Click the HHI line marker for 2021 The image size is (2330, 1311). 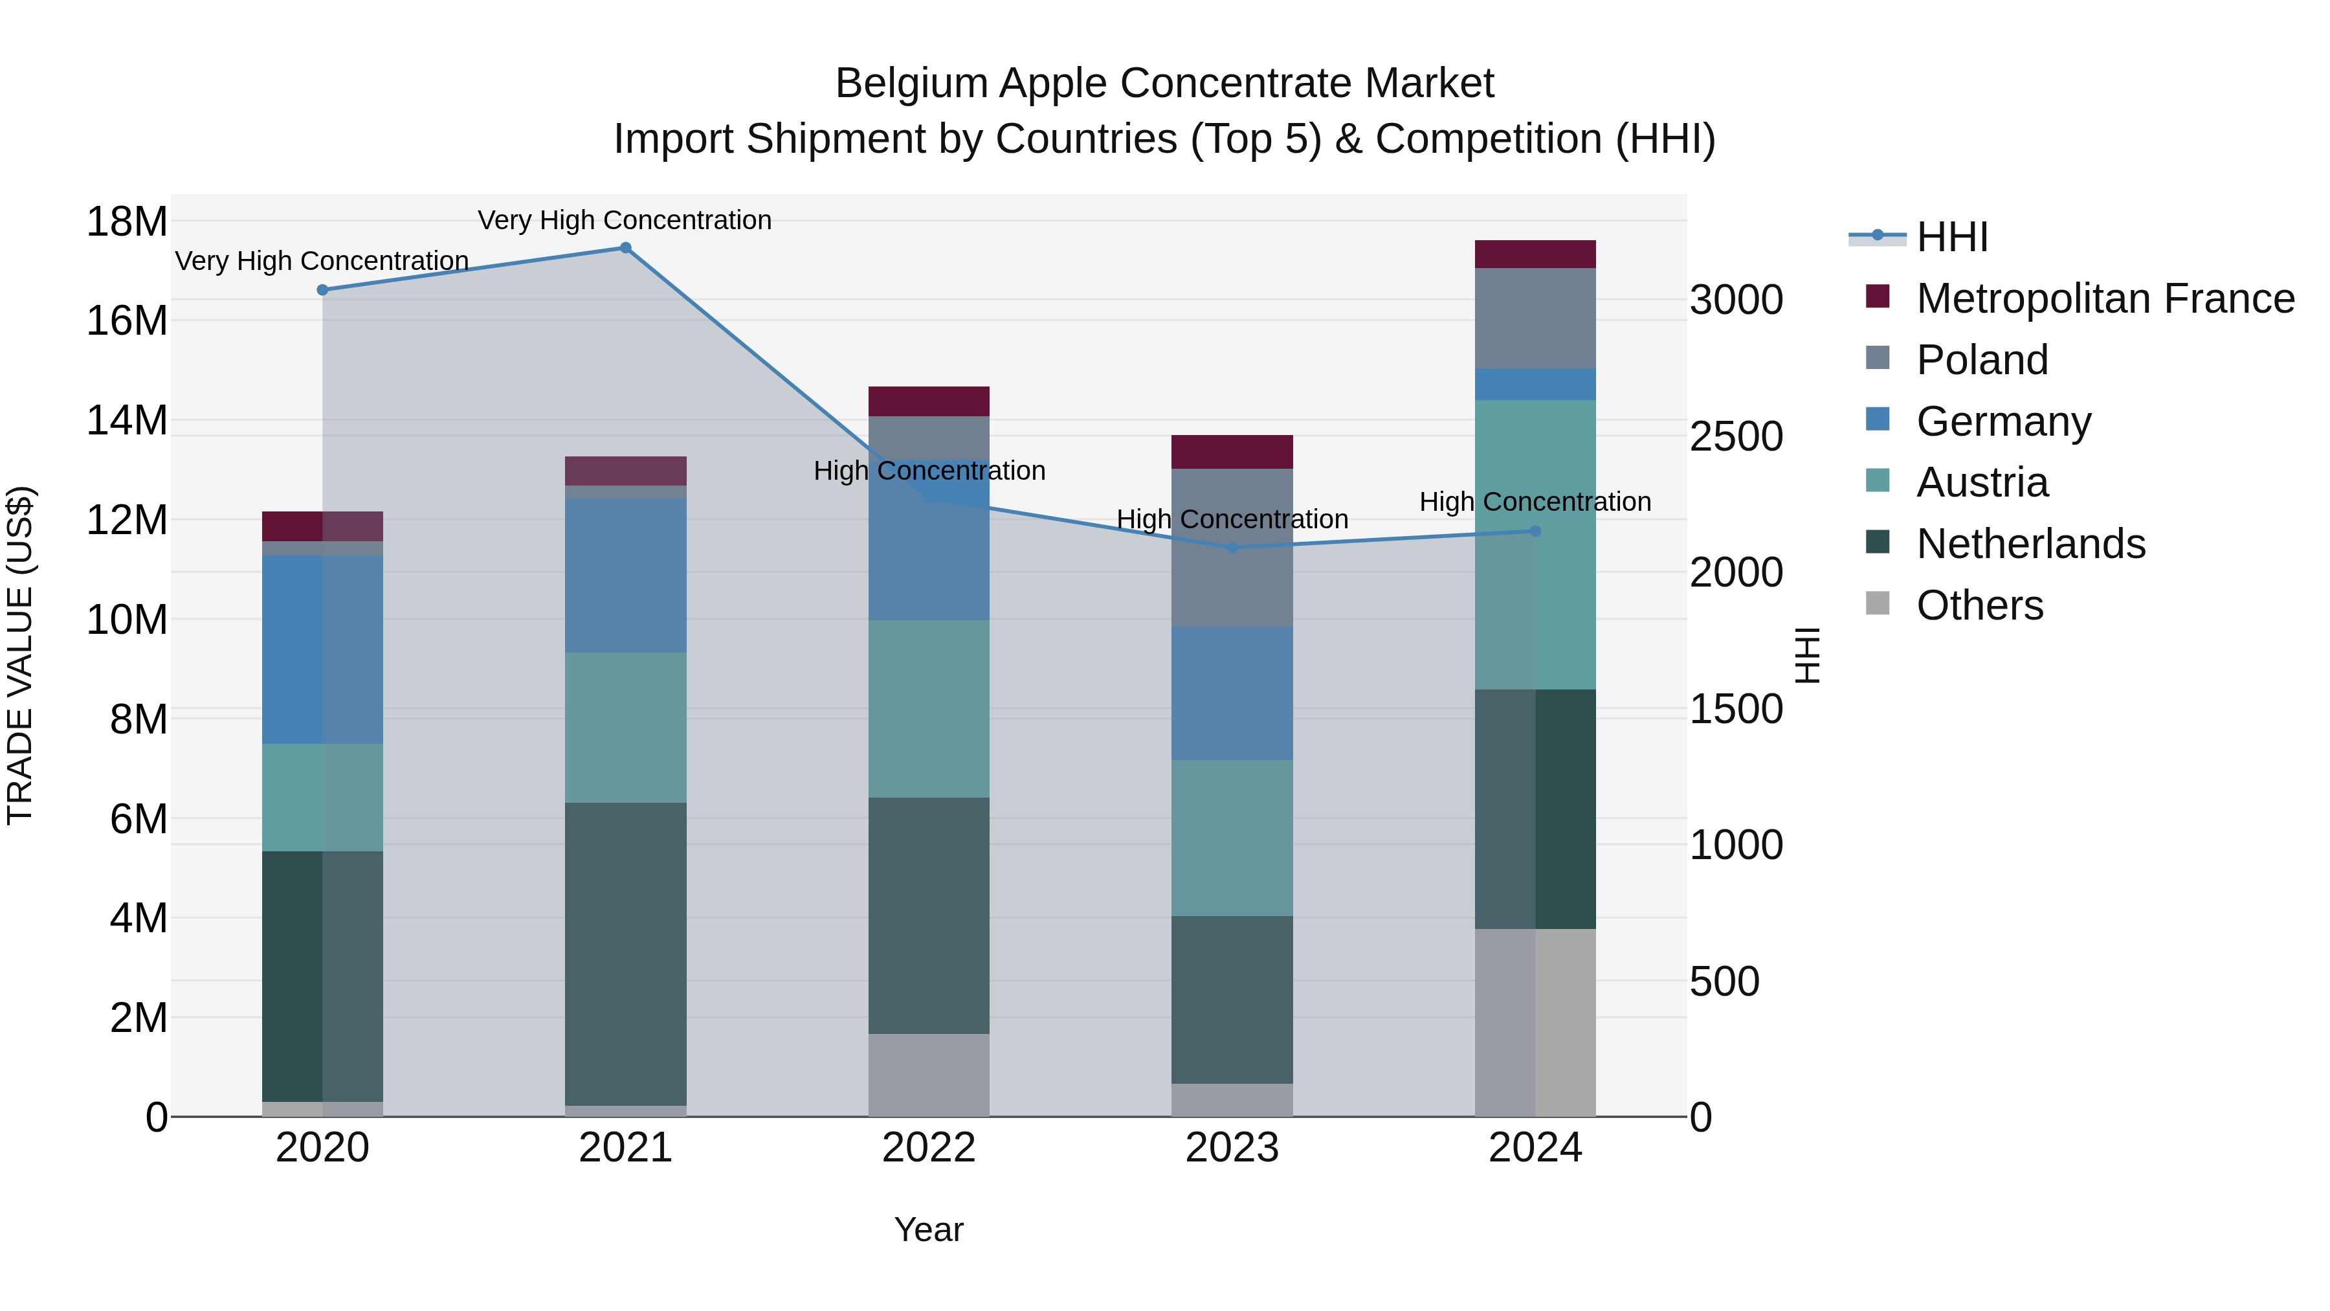pyautogui.click(x=625, y=248)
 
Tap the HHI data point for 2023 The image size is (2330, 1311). pyautogui.click(x=1232, y=547)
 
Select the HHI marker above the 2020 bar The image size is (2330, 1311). pyautogui.click(x=322, y=289)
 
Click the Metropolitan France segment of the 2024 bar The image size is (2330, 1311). pyautogui.click(x=1535, y=254)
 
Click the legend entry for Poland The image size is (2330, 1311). pyautogui.click(x=1981, y=360)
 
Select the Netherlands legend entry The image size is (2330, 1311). pyautogui.click(x=2030, y=544)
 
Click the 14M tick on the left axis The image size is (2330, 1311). pyautogui.click(x=127, y=421)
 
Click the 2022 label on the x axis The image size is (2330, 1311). pyautogui.click(x=928, y=1148)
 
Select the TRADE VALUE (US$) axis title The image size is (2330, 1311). pyautogui.click(x=20, y=655)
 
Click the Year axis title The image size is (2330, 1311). pyautogui.click(x=928, y=1229)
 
